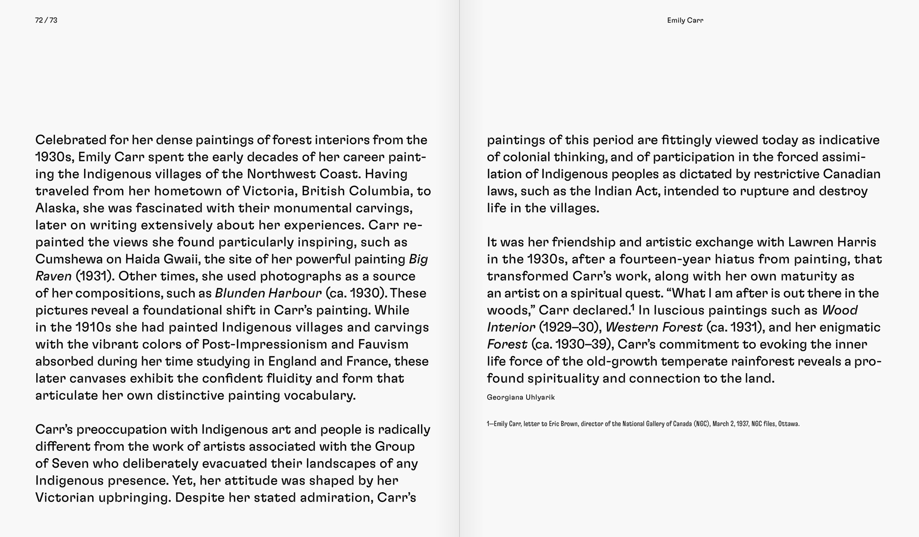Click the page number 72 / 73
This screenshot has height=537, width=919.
[46, 20]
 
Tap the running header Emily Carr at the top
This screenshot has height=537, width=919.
[685, 20]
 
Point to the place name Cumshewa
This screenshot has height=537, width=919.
[69, 259]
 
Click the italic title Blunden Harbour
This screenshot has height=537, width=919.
[268, 293]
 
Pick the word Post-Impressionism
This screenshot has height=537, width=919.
[262, 345]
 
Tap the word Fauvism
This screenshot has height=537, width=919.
[383, 345]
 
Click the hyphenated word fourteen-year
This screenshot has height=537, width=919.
[659, 259]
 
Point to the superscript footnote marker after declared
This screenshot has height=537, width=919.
[632, 307]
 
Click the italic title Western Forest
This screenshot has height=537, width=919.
[653, 328]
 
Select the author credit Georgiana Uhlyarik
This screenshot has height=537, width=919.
[521, 398]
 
